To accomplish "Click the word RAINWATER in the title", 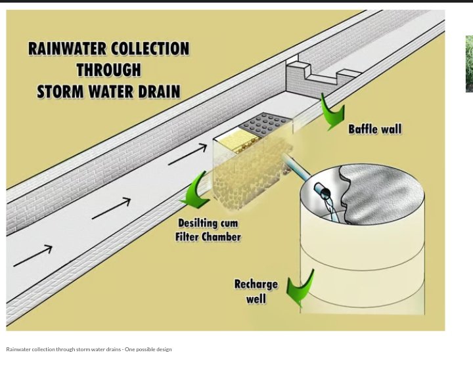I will (x=68, y=49).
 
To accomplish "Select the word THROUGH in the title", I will (x=108, y=70).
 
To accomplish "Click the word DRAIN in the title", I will (x=158, y=91).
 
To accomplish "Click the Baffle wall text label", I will (x=374, y=129).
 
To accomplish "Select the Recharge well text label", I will (x=256, y=291).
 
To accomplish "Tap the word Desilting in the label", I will (x=199, y=223).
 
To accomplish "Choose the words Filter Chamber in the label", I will (x=208, y=236).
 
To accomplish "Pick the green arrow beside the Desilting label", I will (x=195, y=190).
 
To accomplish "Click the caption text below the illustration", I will (x=89, y=349).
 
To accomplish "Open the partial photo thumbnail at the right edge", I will (x=469, y=64).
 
